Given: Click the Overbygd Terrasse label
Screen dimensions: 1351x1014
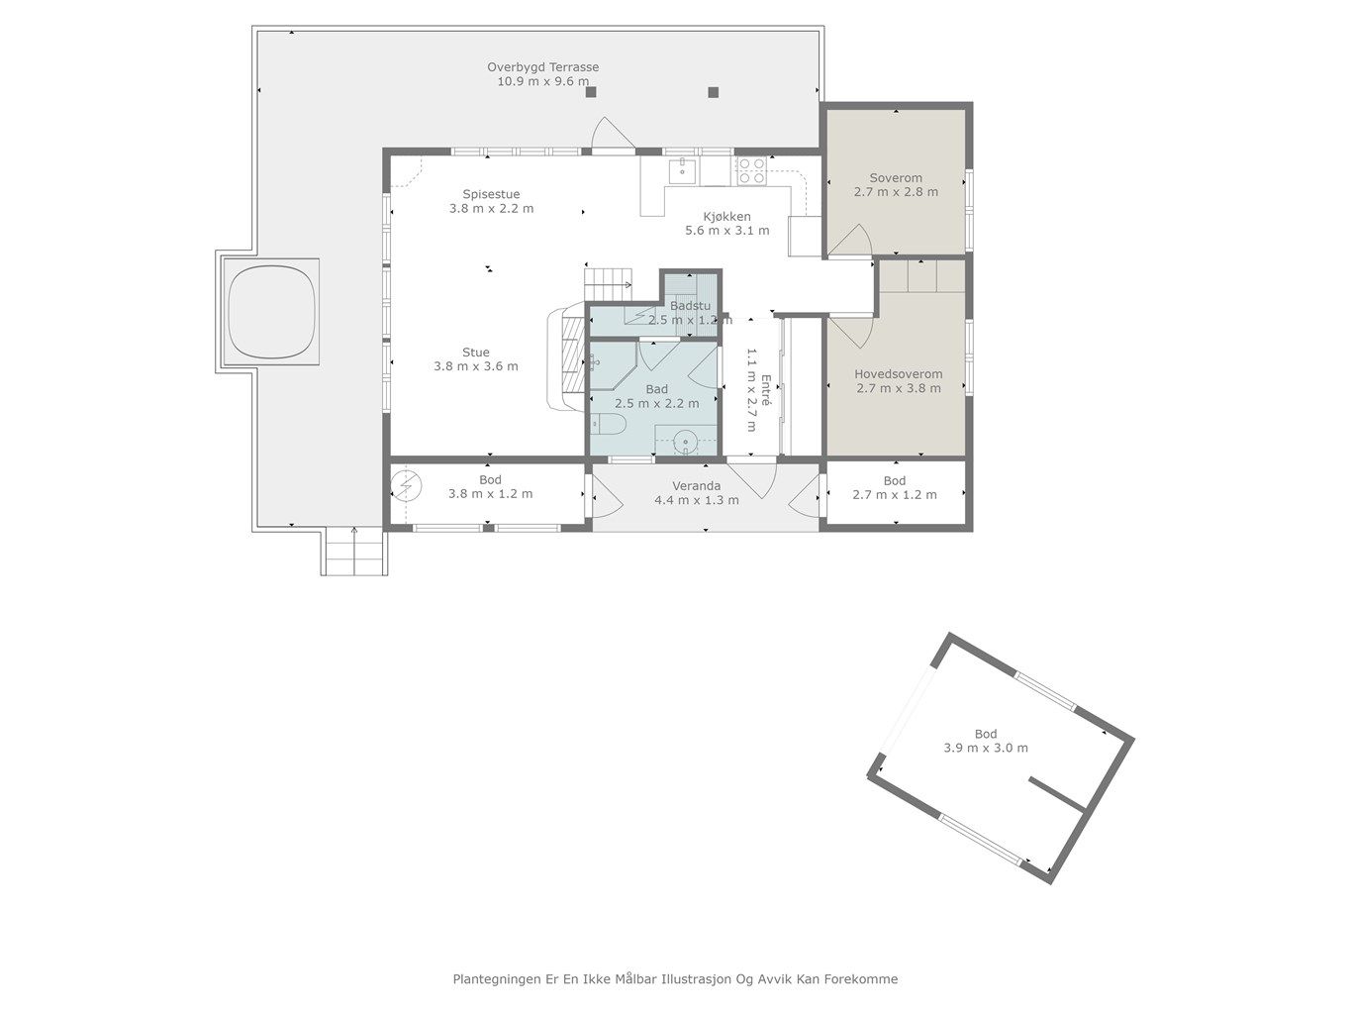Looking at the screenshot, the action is point(542,67).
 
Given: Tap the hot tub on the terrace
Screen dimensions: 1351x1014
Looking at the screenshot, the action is point(271,312).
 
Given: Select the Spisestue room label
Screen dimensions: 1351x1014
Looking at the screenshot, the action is point(491,194).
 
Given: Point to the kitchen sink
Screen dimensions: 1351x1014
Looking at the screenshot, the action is point(682,170).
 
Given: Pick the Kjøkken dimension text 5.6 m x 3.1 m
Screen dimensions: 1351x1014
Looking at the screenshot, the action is point(726,231).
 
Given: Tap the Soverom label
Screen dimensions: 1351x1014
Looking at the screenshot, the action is point(896,178).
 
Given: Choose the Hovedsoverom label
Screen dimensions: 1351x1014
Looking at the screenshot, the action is point(898,373).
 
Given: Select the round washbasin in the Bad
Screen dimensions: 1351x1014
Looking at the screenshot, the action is point(685,442).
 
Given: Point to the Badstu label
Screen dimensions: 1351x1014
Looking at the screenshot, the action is point(690,305).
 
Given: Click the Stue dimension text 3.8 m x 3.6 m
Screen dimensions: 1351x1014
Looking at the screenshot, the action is point(476,366).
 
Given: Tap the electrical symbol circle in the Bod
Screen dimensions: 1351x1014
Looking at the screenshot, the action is point(406,486).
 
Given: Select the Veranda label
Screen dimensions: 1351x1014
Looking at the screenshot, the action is point(696,486).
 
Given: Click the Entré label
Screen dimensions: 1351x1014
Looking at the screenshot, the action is point(766,390).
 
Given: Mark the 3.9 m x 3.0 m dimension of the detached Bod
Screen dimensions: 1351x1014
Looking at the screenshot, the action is point(986,748).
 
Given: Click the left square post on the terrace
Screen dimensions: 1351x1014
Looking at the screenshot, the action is point(591,92).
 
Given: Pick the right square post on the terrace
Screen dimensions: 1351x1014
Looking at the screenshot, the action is point(714,92).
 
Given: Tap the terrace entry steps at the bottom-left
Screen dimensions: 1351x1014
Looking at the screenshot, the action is point(354,551).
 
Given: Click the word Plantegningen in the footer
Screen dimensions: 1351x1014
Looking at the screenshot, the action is point(497,979).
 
